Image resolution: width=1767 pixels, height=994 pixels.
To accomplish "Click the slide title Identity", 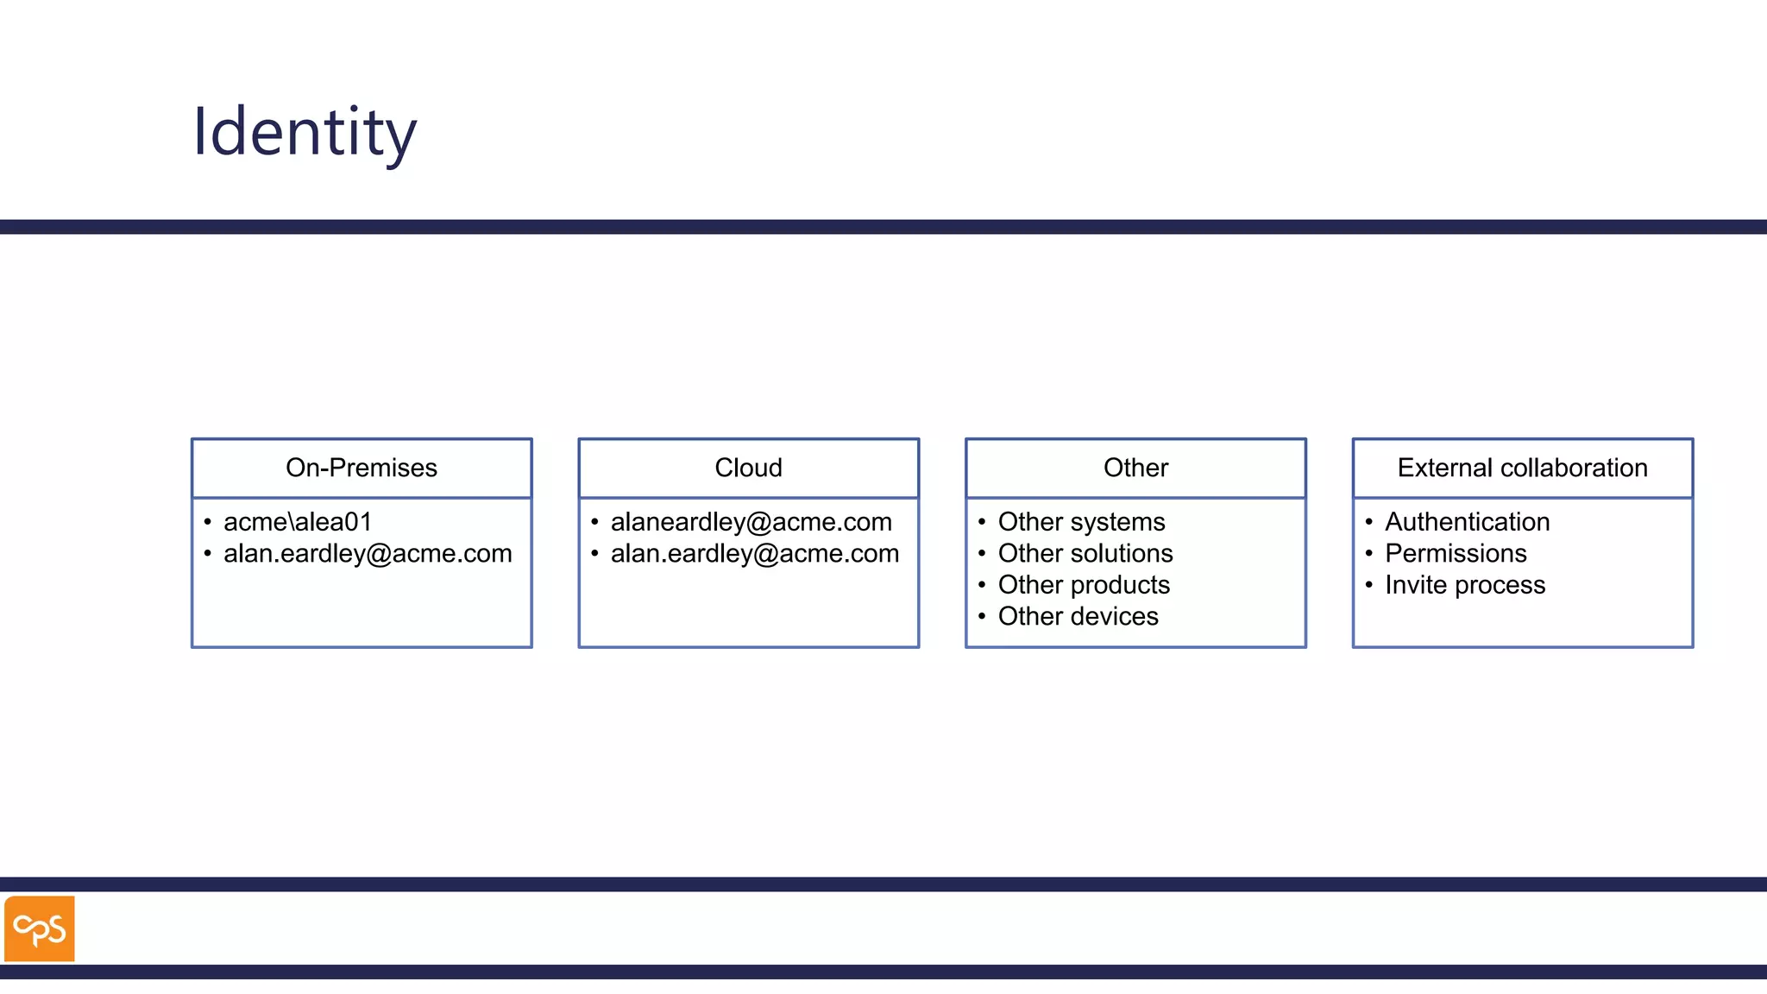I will [305, 132].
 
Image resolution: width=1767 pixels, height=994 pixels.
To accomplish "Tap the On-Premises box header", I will [362, 468].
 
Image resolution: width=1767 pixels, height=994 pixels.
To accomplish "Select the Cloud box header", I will [748, 468].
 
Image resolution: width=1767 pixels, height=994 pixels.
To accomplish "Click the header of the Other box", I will [1135, 468].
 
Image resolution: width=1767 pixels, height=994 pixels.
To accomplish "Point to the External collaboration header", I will [1522, 468].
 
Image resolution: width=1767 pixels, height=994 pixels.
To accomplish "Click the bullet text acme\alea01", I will [298, 522].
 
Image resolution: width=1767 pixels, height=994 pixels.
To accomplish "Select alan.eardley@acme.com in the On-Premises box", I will [368, 554].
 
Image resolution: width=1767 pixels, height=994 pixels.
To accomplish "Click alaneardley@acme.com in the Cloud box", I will [751, 522].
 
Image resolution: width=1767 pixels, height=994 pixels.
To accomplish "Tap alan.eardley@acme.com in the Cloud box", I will [754, 554].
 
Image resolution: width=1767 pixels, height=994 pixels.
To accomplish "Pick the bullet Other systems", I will [1081, 522].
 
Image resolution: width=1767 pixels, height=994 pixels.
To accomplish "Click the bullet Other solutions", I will [1085, 554].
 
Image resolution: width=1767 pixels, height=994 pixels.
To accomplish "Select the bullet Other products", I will [1084, 585].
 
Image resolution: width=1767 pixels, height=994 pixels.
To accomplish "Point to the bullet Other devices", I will [1078, 617].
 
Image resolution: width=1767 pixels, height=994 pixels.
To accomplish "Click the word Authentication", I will [1467, 522].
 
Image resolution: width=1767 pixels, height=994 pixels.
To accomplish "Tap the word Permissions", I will [1456, 554].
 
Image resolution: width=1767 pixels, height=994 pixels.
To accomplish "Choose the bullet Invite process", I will [1465, 585].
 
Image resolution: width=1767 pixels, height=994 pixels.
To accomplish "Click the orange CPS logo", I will [40, 928].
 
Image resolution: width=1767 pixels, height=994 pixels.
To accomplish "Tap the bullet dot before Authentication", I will [1368, 522].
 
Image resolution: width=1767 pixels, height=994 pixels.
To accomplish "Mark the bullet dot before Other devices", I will [982, 617].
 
